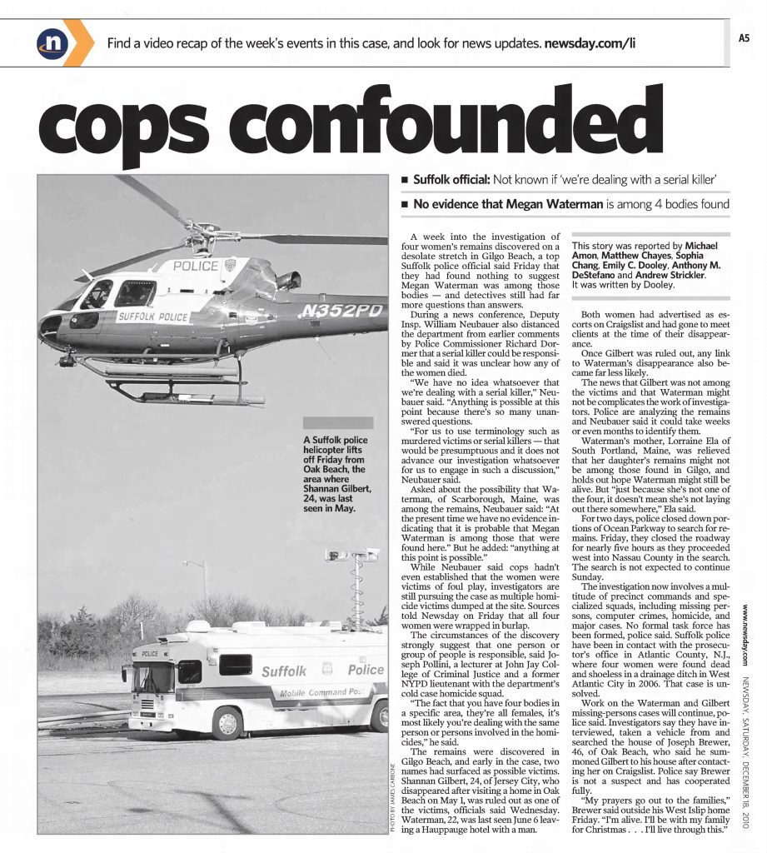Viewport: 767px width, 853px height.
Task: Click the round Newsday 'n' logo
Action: [x=52, y=42]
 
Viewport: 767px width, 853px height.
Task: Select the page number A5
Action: [x=745, y=37]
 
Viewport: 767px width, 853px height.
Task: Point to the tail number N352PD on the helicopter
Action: [x=342, y=311]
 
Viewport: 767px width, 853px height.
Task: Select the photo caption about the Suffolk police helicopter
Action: [x=336, y=473]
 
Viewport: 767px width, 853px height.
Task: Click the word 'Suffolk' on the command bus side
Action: [x=284, y=671]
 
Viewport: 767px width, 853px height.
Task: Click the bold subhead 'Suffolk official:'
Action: [x=452, y=179]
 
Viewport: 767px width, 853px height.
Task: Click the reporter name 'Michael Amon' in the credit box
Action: [x=700, y=247]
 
